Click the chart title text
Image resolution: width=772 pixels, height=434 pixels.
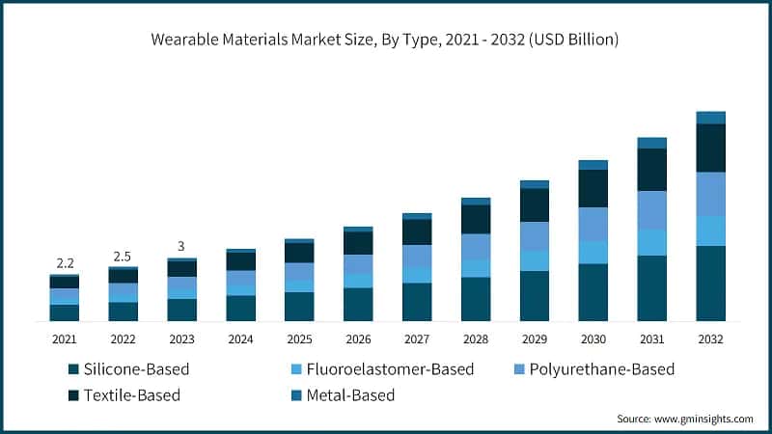pyautogui.click(x=385, y=41)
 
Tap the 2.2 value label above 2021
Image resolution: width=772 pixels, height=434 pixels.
pyautogui.click(x=65, y=263)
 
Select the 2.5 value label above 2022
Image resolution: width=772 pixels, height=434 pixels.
pyautogui.click(x=123, y=256)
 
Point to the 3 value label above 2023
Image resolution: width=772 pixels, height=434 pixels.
pyautogui.click(x=181, y=246)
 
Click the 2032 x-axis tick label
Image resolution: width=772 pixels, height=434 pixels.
pyautogui.click(x=710, y=339)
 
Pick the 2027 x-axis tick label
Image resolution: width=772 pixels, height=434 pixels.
pyautogui.click(x=417, y=339)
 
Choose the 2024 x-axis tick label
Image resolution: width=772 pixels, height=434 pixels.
pyautogui.click(x=240, y=339)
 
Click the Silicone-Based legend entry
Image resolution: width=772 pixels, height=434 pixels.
pyautogui.click(x=135, y=369)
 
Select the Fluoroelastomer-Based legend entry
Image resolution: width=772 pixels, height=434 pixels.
pyautogui.click(x=380, y=369)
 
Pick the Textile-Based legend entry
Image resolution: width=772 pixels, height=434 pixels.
pyautogui.click(x=131, y=395)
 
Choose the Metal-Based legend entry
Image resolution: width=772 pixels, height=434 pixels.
pyautogui.click(x=350, y=395)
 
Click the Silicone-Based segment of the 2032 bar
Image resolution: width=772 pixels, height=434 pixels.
pyautogui.click(x=710, y=283)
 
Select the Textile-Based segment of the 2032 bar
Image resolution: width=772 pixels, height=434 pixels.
pyautogui.click(x=710, y=148)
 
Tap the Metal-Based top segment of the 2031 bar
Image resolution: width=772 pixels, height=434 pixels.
pyautogui.click(x=651, y=143)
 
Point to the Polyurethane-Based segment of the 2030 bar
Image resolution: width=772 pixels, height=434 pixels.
pyautogui.click(x=593, y=224)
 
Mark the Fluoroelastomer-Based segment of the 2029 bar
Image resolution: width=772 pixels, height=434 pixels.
pyautogui.click(x=535, y=260)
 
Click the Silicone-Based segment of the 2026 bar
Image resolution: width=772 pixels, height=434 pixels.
pyautogui.click(x=358, y=304)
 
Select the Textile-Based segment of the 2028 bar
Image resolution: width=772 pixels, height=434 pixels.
pyautogui.click(x=476, y=219)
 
